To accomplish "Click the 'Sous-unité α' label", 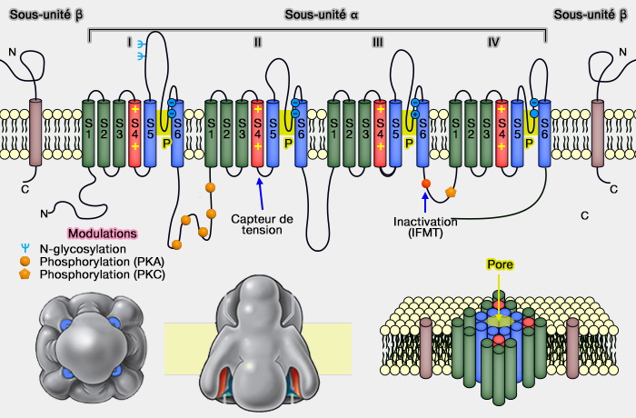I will pos(318,15).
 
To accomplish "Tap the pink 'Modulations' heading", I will pos(102,234).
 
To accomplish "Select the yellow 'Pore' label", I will pos(499,265).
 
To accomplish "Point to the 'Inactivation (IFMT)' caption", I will pos(425,228).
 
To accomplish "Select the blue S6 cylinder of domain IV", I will pos(544,133).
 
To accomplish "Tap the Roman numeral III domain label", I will pos(378,42).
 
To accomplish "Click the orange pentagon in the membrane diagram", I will pos(450,193).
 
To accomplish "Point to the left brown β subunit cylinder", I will pos(36,133).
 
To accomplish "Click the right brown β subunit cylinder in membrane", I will pos(598,133).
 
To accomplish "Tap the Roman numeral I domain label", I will pos(130,42).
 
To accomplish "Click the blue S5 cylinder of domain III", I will pos(395,133).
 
